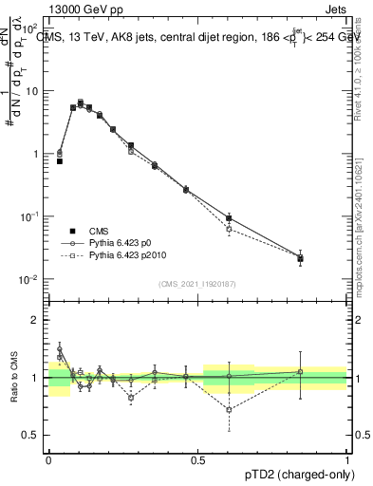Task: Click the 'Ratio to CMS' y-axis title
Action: click(14, 377)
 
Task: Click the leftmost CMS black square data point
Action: click(59, 161)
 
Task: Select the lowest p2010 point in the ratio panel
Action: click(229, 410)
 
